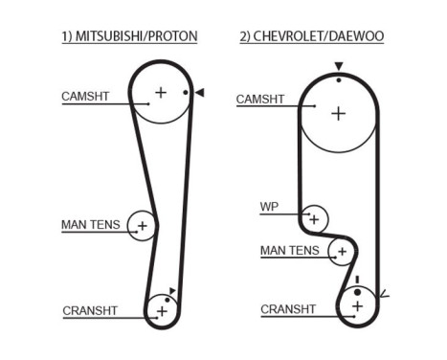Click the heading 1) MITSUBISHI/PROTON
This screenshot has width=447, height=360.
(128, 36)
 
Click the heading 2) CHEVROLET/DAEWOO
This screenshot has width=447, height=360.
(311, 36)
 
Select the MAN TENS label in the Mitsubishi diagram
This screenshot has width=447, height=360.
(91, 225)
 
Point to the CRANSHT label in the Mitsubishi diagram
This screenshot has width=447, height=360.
(90, 310)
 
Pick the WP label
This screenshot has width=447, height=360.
(268, 206)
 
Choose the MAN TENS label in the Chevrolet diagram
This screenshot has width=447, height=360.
(289, 251)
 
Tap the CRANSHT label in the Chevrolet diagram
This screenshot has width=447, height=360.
(288, 308)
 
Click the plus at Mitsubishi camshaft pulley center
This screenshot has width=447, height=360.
(161, 93)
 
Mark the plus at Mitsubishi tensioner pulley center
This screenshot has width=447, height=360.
(142, 226)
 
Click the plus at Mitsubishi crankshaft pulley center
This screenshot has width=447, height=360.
(162, 310)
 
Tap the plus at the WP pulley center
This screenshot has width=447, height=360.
(313, 218)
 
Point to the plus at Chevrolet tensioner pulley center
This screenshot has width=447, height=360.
(340, 252)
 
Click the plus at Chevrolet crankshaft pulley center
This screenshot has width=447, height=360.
(358, 306)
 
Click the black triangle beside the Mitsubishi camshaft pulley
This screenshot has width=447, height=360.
(200, 93)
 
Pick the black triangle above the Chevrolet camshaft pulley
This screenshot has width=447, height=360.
(338, 67)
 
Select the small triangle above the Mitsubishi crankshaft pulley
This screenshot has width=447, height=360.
(172, 290)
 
